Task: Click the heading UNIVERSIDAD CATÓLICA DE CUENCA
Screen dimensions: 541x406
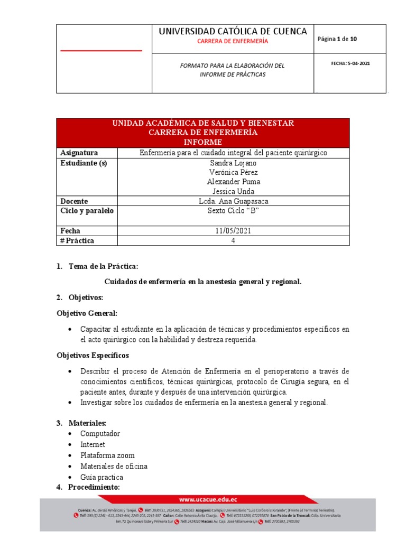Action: pos(233,31)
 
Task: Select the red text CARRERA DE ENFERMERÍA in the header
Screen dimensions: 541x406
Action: pos(233,41)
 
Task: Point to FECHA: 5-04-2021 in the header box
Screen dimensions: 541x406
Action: pos(350,63)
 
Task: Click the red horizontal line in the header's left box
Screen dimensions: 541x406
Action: pos(101,51)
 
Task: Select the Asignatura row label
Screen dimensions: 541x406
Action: pos(79,153)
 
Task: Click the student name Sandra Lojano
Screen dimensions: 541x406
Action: pos(233,163)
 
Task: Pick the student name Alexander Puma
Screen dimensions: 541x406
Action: pos(233,182)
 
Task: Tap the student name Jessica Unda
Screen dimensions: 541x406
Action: pos(233,191)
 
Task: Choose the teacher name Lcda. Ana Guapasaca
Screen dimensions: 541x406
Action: pos(233,201)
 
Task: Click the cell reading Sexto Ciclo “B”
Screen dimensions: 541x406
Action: pos(233,211)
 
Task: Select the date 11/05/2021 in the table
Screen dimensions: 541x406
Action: pos(233,231)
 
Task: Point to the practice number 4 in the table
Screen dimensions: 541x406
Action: pos(233,240)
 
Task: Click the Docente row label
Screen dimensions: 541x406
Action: pos(75,201)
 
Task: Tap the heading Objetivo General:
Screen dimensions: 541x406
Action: pos(87,313)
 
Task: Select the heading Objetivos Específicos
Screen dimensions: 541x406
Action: pos(93,355)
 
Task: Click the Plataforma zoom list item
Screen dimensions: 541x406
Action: pos(107,455)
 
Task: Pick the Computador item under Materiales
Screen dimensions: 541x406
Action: pos(100,434)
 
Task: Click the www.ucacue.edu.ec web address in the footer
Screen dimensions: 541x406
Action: pos(207,499)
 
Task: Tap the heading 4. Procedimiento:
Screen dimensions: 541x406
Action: pos(88,487)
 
